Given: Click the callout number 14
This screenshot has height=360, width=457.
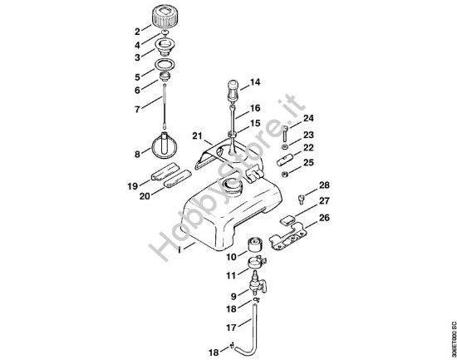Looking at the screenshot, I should tap(255, 82).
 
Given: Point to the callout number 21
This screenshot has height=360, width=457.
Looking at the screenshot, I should tap(196, 136).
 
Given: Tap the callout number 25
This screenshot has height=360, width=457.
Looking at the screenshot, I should tap(308, 163).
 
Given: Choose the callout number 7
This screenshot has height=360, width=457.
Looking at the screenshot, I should tap(136, 109).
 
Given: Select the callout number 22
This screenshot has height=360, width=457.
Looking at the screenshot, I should tap(308, 147).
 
